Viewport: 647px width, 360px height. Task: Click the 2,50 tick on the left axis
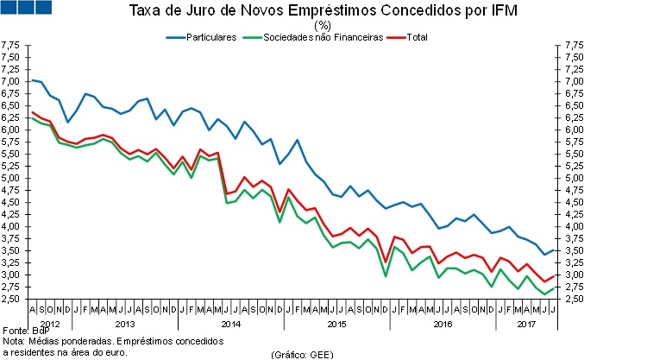(x=11, y=300)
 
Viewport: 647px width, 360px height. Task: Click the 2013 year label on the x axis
(x=124, y=324)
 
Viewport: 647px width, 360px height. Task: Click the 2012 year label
(x=49, y=324)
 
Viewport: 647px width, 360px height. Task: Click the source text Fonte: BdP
(x=23, y=332)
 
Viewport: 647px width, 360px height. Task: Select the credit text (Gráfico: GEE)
(x=302, y=354)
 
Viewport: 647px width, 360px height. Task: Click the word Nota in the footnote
(x=13, y=342)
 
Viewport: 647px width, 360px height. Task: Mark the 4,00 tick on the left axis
(x=11, y=227)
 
